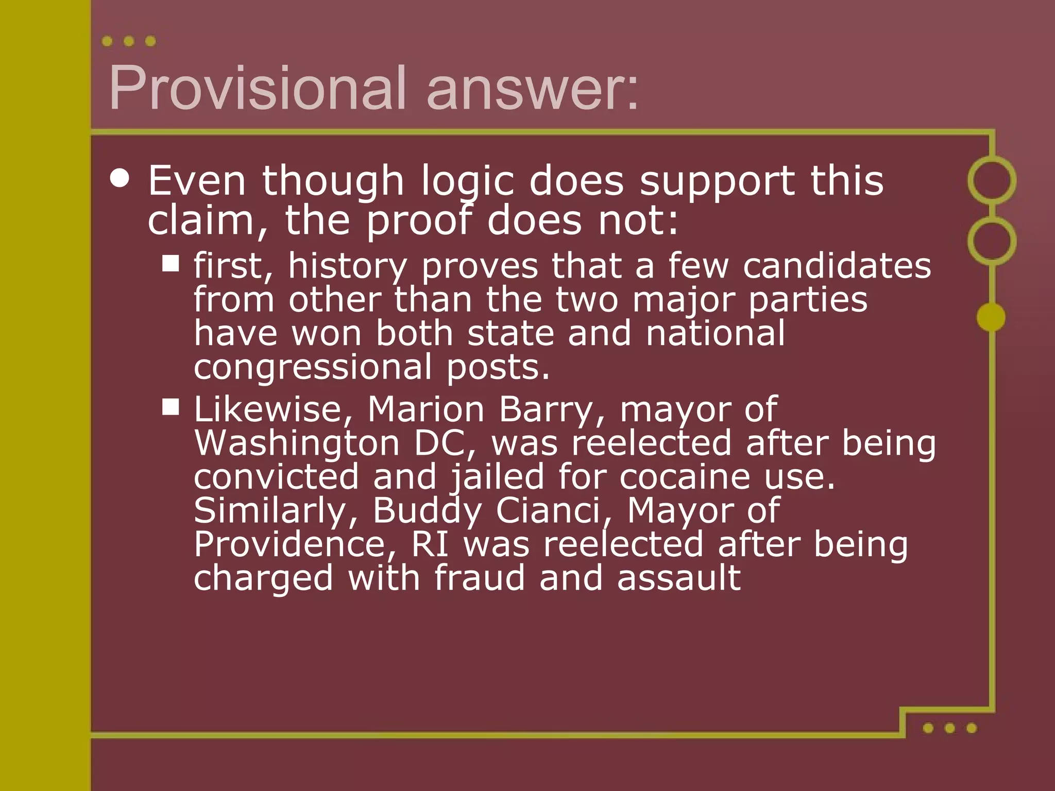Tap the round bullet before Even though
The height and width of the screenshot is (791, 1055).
tap(120, 178)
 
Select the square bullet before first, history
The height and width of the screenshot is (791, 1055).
tap(171, 263)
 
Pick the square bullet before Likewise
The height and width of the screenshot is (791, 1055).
tap(171, 407)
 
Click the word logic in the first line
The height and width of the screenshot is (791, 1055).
tap(468, 182)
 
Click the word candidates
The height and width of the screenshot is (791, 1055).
tap(837, 266)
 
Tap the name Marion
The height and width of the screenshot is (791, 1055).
tap(426, 410)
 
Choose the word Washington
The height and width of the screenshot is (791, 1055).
tap(297, 443)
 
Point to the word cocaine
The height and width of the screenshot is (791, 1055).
tap(684, 477)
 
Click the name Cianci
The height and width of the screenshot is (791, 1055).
tap(553, 511)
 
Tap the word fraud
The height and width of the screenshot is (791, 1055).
tap(479, 578)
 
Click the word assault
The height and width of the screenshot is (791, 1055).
tap(678, 578)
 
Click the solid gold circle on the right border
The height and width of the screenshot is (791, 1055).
tap(991, 317)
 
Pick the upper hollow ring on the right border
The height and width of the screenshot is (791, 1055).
tap(992, 180)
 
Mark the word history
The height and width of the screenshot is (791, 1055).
tap(347, 267)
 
